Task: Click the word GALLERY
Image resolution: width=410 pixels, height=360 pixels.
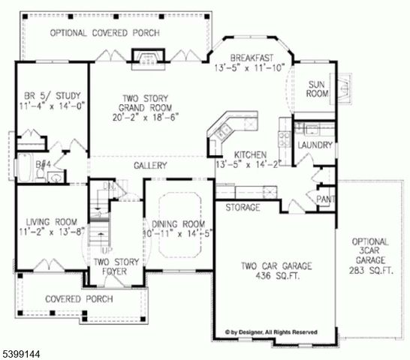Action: (x=150, y=165)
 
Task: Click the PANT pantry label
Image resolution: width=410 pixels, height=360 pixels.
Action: (x=325, y=199)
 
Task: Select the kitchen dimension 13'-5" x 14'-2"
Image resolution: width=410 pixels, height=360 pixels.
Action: (x=249, y=164)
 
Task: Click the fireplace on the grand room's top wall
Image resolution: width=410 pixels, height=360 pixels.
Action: (x=144, y=58)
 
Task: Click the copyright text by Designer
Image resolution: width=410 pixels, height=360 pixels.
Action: (x=271, y=331)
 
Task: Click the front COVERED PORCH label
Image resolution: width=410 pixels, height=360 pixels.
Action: (x=79, y=298)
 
